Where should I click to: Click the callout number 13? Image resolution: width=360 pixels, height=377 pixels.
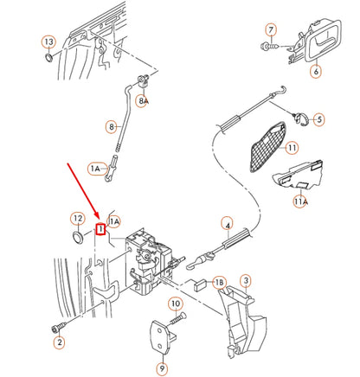tap(48, 42)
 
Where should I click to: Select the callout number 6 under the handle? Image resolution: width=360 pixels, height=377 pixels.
tap(316, 72)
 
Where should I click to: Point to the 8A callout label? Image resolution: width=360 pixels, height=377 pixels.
tap(144, 101)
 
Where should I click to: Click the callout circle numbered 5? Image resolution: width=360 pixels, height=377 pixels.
tap(318, 119)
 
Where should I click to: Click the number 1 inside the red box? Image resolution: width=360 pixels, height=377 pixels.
tap(100, 229)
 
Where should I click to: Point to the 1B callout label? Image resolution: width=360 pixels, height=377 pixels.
tap(219, 283)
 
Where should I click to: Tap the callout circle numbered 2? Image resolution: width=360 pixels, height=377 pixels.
tap(59, 343)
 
